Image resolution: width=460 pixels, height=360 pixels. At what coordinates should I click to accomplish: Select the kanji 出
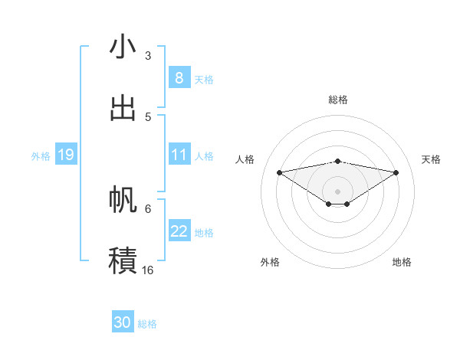[123, 108]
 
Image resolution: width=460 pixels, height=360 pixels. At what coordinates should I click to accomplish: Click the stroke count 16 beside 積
[148, 270]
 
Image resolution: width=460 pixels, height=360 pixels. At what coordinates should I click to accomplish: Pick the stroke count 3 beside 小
[148, 56]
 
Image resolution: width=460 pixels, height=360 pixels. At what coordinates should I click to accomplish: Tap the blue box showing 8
[179, 78]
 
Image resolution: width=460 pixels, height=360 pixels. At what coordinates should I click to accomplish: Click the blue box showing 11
[179, 155]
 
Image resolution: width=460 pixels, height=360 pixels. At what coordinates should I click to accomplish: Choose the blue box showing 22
[179, 231]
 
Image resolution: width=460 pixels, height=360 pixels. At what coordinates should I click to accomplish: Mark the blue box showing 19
[65, 155]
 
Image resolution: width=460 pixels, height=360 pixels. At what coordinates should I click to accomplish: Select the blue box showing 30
[123, 322]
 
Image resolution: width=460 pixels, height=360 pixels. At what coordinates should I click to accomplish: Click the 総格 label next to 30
[147, 324]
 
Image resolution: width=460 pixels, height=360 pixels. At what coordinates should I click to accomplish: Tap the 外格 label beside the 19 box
[41, 156]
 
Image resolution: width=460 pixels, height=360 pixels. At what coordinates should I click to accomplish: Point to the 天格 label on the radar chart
[432, 159]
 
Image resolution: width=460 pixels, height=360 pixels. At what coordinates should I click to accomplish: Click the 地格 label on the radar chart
[402, 262]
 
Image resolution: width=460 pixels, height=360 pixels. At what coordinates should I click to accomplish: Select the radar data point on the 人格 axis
[279, 172]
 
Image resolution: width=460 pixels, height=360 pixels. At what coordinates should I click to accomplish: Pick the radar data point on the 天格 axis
[396, 172]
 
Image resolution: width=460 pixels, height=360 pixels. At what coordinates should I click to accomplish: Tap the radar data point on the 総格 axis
[338, 161]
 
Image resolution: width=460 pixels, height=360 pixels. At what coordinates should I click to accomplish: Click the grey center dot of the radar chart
[338, 191]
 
